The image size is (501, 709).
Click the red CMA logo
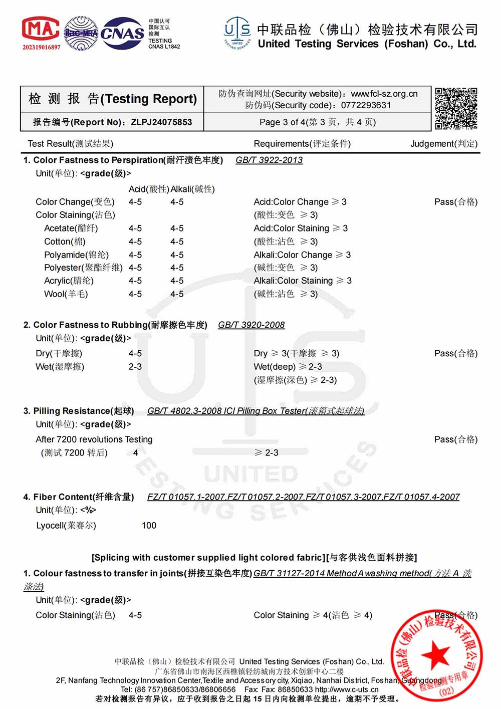[41, 30]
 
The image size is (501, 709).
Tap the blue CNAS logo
[122, 33]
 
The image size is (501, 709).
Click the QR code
[455, 108]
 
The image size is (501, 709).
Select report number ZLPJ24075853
[161, 122]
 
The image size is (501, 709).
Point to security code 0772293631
[366, 105]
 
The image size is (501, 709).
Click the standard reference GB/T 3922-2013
[269, 160]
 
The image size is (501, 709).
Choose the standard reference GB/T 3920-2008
[251, 325]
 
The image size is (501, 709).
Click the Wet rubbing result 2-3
[135, 367]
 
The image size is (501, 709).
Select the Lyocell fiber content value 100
[149, 526]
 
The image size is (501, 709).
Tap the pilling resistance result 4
[135, 453]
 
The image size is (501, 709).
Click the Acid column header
[149, 189]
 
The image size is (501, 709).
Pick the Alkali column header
[192, 189]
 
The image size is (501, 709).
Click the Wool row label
[66, 294]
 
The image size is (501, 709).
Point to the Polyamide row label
[76, 255]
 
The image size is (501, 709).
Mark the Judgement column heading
[443, 144]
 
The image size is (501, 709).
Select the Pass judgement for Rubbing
[455, 354]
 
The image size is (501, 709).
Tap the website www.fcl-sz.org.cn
[384, 94]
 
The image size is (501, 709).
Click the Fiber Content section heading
[79, 497]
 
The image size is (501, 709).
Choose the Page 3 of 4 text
[317, 122]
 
